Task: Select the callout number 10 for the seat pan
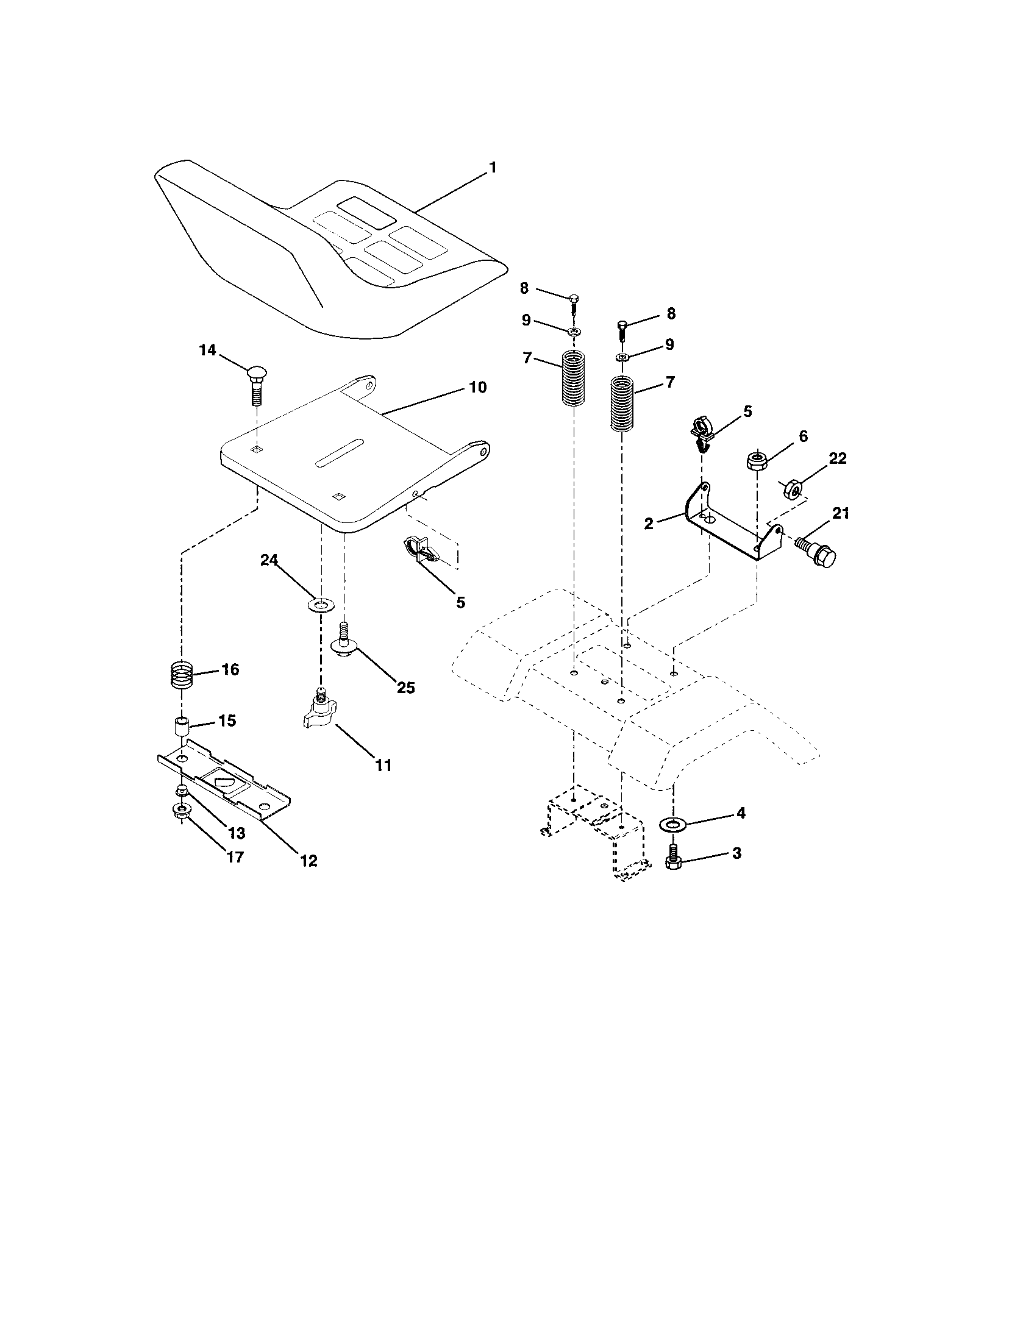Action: click(478, 388)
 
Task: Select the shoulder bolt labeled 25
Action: click(344, 642)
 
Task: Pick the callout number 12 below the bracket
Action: click(309, 861)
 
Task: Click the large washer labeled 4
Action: click(674, 823)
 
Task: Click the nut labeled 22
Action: click(793, 488)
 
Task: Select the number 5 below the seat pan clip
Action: click(460, 602)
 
